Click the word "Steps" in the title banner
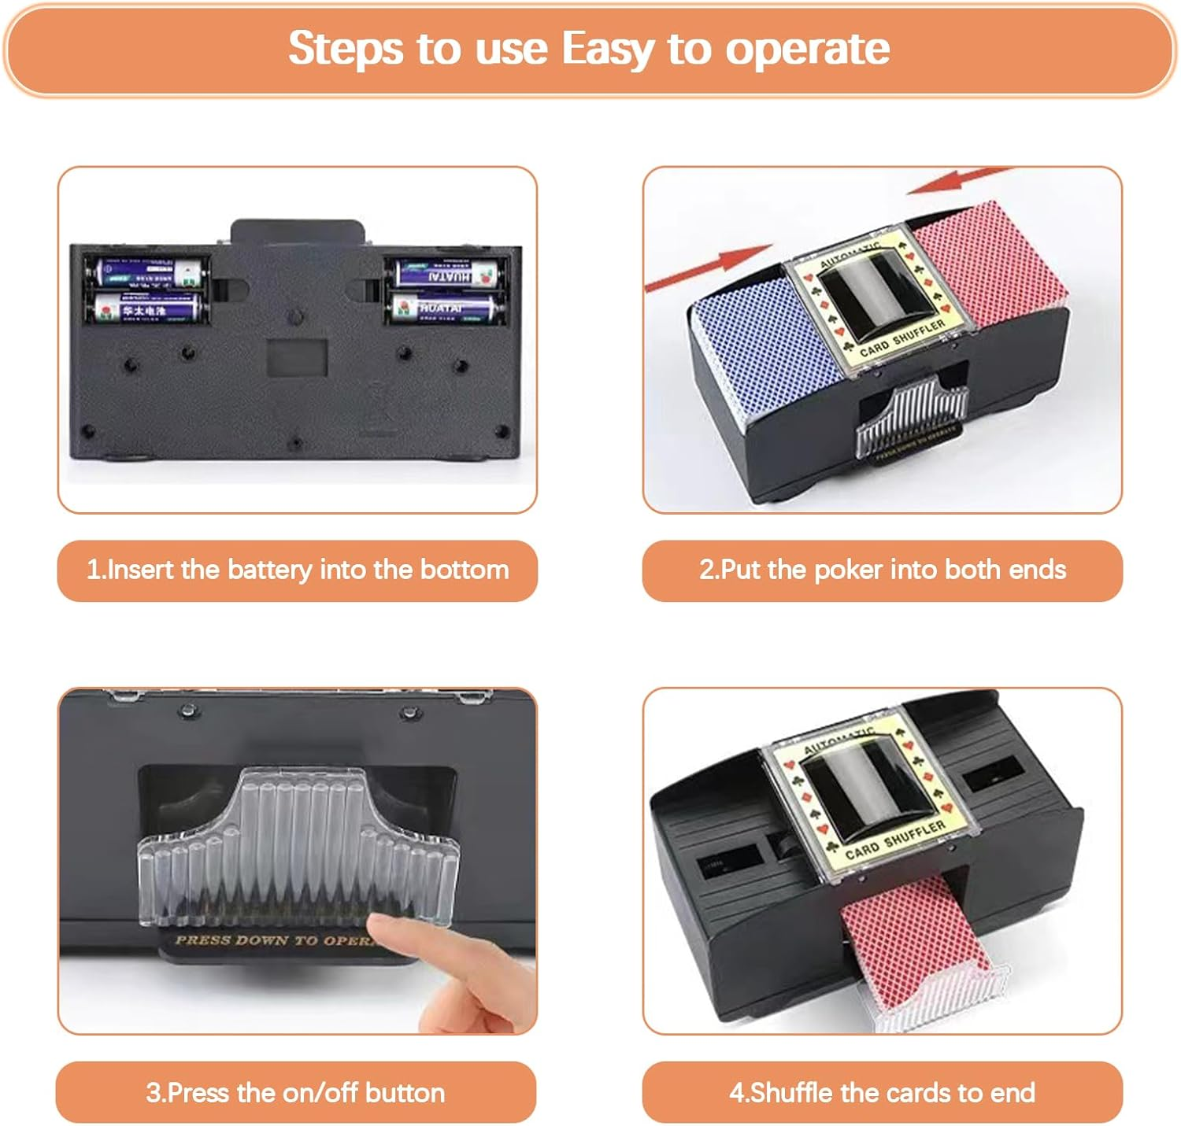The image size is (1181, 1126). click(x=346, y=49)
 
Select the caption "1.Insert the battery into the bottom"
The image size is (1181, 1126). click(x=298, y=570)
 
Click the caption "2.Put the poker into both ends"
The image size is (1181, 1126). click(x=882, y=570)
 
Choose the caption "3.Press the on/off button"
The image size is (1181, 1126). click(x=295, y=1092)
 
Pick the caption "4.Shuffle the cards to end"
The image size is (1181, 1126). click(x=882, y=1092)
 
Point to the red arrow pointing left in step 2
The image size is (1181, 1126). click(x=961, y=181)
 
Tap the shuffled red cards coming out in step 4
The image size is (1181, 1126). click(x=905, y=936)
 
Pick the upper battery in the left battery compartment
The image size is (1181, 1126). click(x=147, y=273)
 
